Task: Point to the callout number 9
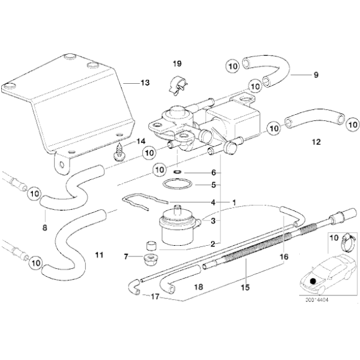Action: coord(315,75)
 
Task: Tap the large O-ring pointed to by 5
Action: coord(176,184)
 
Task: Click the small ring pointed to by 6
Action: coord(178,173)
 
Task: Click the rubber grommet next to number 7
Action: coord(150,257)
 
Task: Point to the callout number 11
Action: coord(98,254)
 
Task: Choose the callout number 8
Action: coord(44,228)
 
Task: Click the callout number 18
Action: coord(199,287)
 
